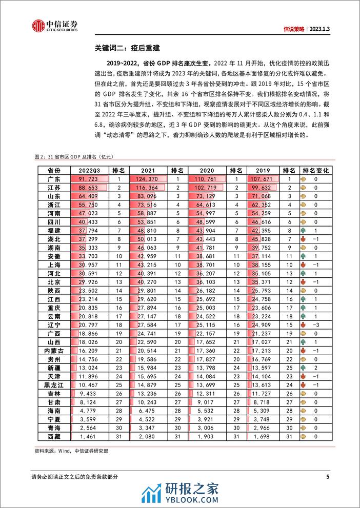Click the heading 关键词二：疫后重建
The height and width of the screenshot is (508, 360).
click(x=121, y=50)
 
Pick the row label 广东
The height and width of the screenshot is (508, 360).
click(x=53, y=179)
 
